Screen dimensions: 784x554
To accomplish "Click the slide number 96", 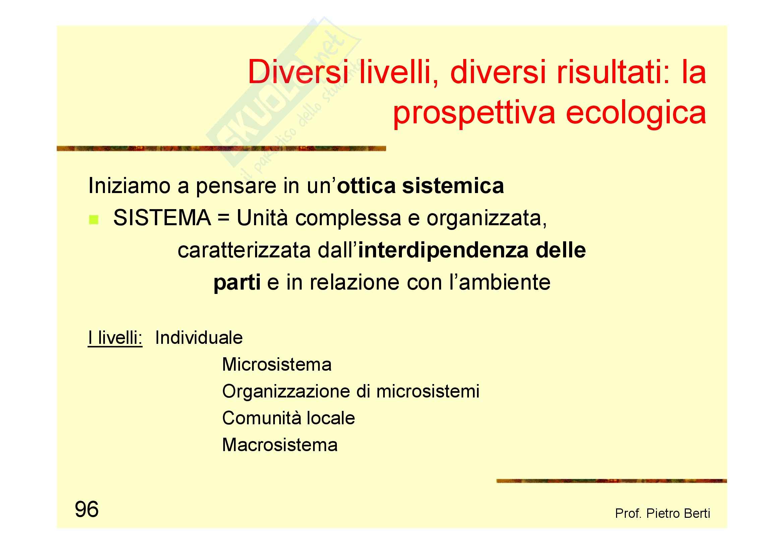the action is click(x=87, y=509).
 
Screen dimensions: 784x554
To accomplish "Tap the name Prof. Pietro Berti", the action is click(x=662, y=513).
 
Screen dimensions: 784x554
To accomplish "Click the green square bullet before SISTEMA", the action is click(x=94, y=220).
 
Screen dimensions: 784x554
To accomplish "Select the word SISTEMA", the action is click(x=162, y=218).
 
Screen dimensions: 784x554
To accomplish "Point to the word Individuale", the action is click(x=199, y=337).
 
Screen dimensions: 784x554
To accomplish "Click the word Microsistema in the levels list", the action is click(x=277, y=364).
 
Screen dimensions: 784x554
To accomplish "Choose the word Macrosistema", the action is click(x=280, y=445).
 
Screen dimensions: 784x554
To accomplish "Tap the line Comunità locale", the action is click(x=289, y=418).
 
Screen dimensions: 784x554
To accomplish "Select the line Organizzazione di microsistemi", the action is click(x=351, y=391).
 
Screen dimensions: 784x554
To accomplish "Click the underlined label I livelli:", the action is click(x=115, y=338).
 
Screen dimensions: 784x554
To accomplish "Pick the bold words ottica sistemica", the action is click(x=420, y=186).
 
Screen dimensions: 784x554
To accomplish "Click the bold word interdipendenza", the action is click(x=443, y=250).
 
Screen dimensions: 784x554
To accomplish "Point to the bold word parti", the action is click(x=237, y=283).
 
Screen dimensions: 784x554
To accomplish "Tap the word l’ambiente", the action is click(x=500, y=282).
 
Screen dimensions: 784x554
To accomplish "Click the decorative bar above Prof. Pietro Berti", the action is click(x=612, y=481).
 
